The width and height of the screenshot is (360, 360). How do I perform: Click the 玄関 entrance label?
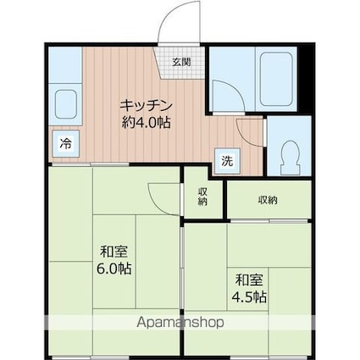click(x=180, y=62)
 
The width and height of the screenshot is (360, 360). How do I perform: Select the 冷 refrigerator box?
click(x=64, y=144)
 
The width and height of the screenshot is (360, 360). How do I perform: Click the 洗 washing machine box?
click(x=226, y=160)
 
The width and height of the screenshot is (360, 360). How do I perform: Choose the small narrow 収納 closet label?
click(x=203, y=197)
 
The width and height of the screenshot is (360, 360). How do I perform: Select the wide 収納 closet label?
click(x=269, y=201)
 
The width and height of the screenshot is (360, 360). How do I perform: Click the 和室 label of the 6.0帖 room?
click(x=114, y=252)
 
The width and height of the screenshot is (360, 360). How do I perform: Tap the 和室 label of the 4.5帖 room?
click(x=250, y=279)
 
